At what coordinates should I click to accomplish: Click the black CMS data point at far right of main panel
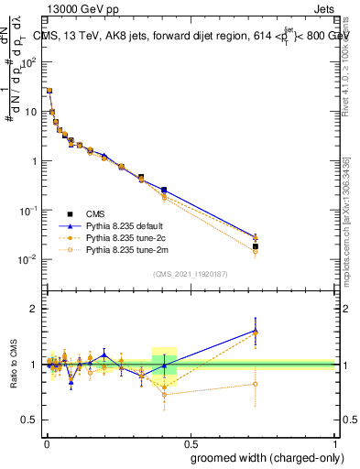coord(256,246)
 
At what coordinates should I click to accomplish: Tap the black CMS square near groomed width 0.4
coord(164,190)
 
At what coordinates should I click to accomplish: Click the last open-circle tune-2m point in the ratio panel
coord(256,384)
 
